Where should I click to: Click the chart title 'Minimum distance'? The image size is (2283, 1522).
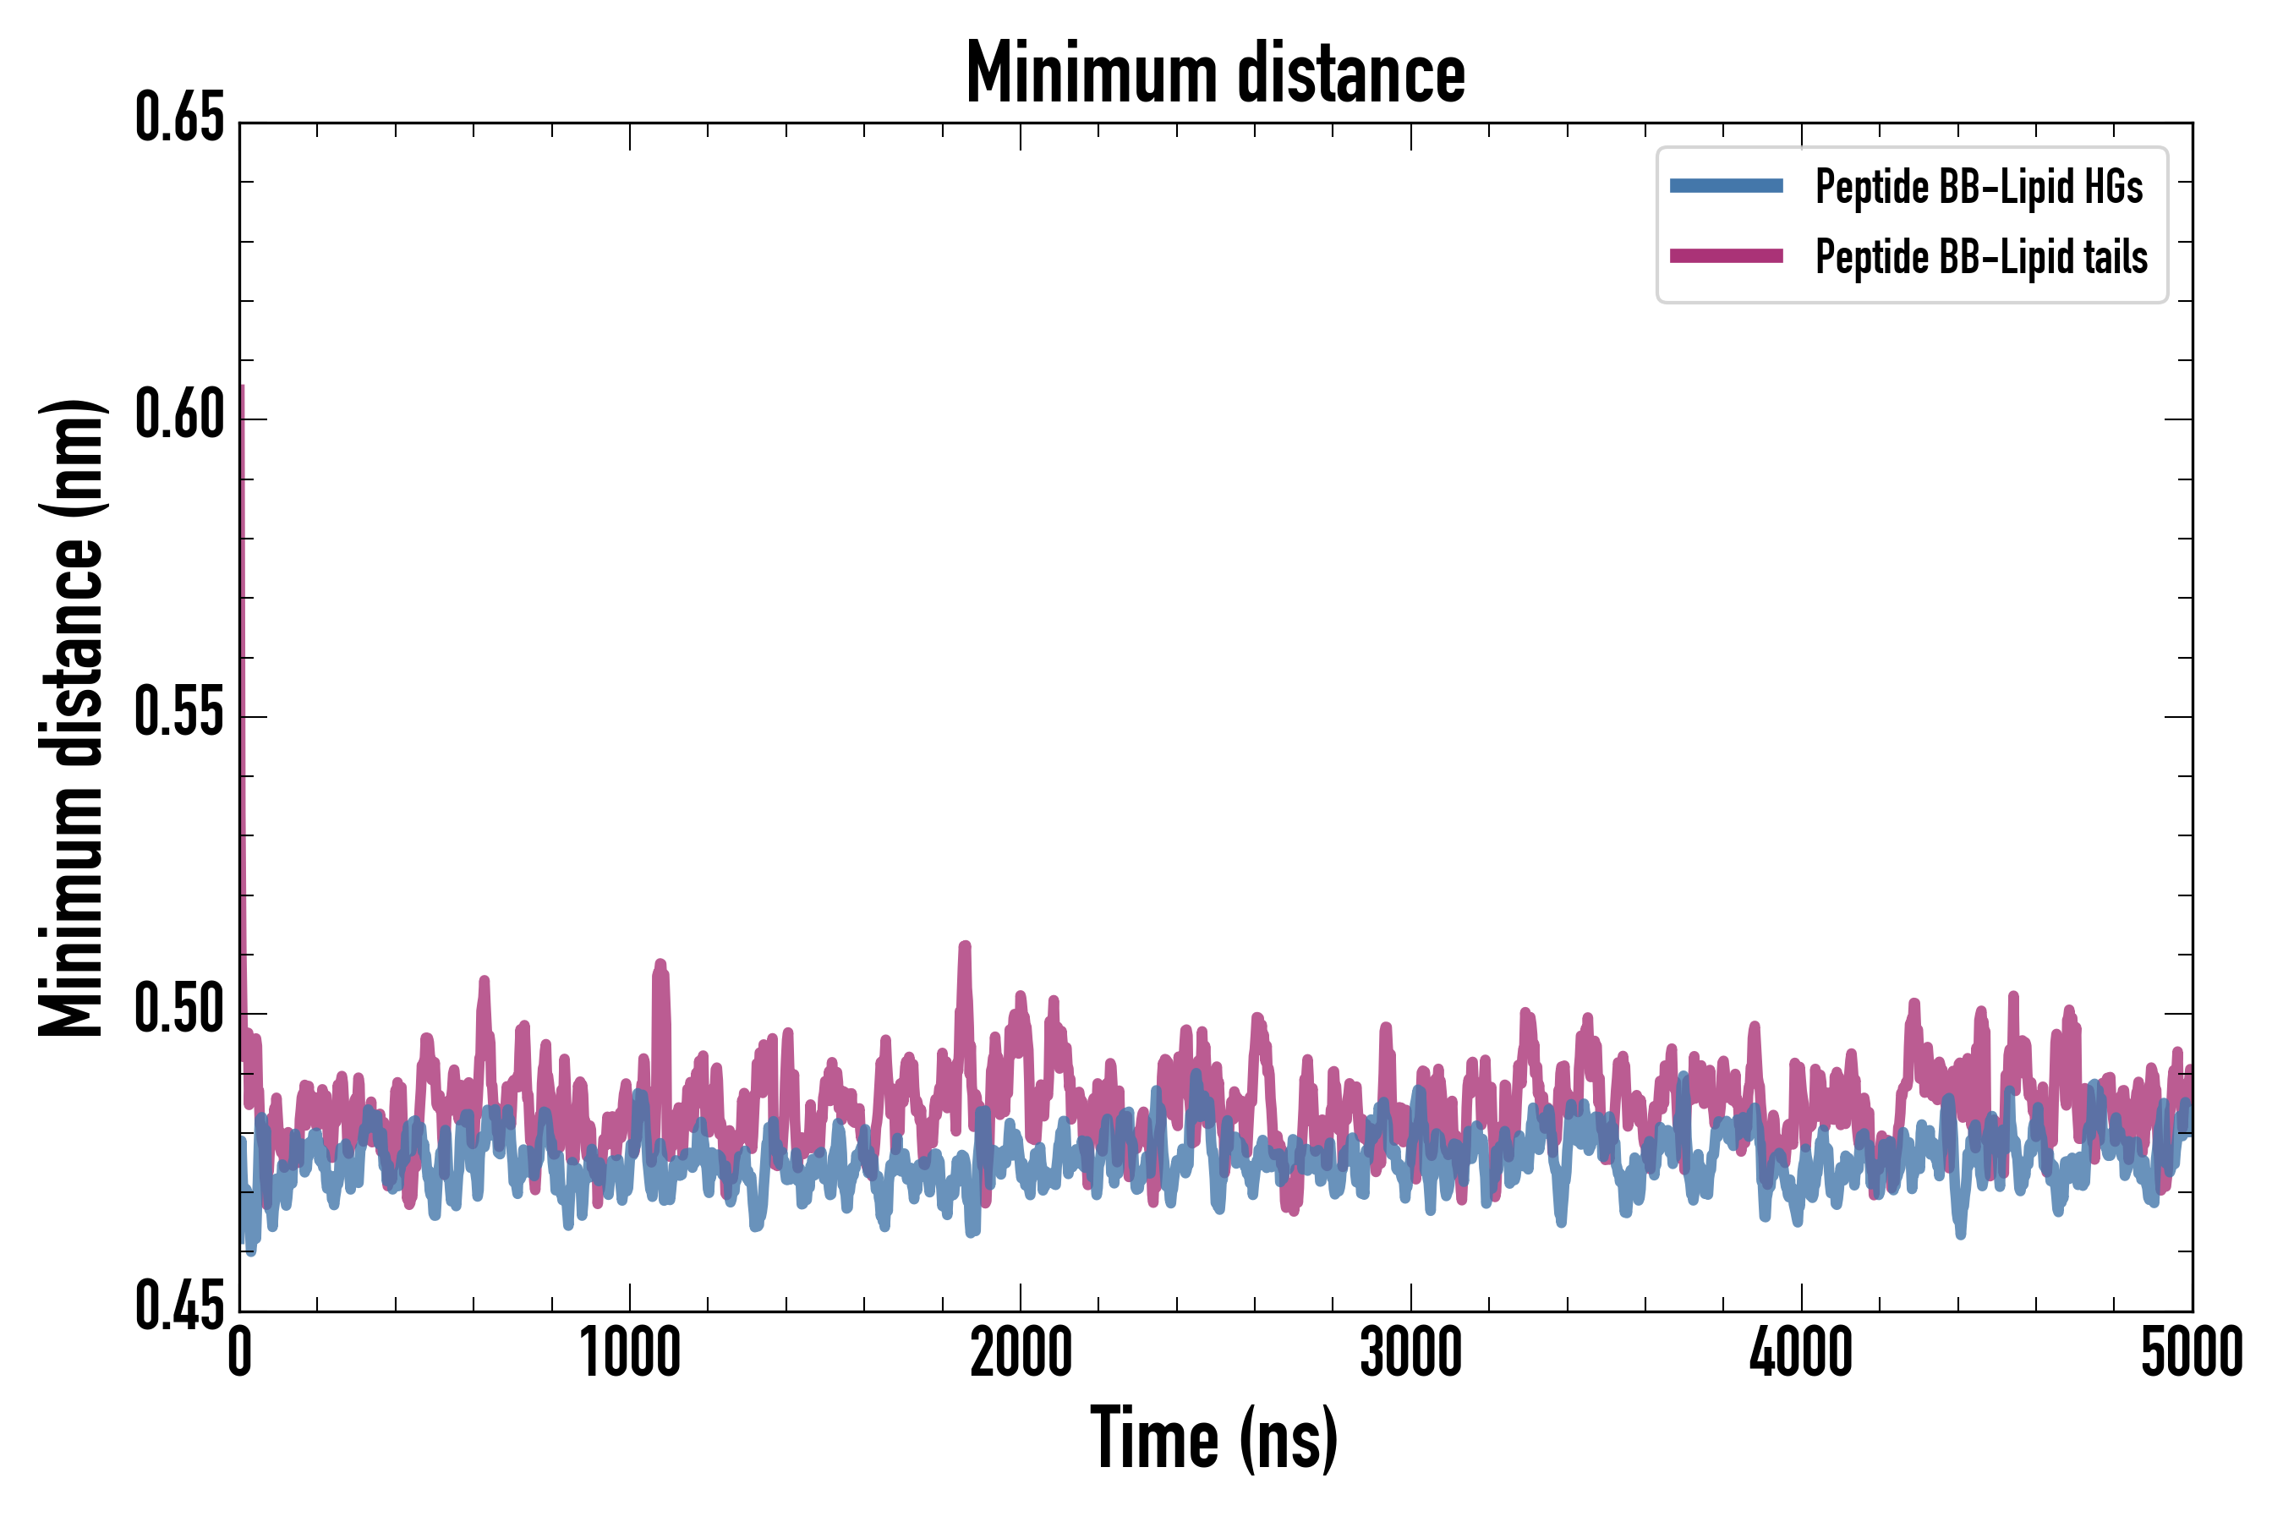tap(1214, 74)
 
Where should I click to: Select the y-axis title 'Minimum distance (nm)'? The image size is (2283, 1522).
tap(71, 717)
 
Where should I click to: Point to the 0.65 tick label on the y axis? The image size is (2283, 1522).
tap(179, 119)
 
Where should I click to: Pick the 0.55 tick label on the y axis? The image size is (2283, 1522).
tap(179, 714)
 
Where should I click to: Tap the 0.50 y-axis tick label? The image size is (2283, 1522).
tap(179, 1010)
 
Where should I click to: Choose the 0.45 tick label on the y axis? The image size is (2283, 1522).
tap(179, 1307)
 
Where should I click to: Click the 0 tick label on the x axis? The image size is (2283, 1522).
tap(240, 1352)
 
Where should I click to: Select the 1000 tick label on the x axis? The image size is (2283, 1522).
tap(630, 1352)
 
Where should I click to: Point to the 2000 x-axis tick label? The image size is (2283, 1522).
tap(1021, 1352)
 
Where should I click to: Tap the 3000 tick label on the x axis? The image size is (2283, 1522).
tap(1410, 1352)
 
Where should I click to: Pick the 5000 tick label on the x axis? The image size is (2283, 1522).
tap(2192, 1352)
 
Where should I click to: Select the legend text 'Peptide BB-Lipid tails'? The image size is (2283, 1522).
tap(1981, 257)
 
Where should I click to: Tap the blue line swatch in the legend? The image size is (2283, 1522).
tap(1726, 186)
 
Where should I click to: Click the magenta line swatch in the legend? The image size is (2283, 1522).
tap(1726, 256)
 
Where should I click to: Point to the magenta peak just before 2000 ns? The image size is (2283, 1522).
tap(965, 946)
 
